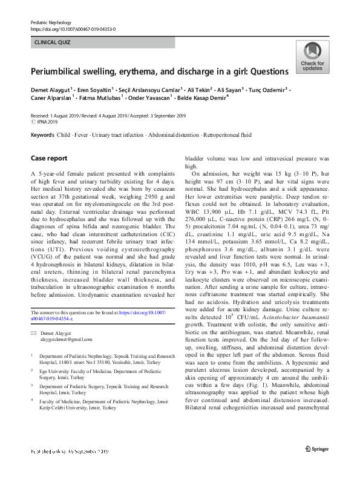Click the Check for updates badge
click(312, 58)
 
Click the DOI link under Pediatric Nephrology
click(73, 28)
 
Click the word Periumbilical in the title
click(56, 71)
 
